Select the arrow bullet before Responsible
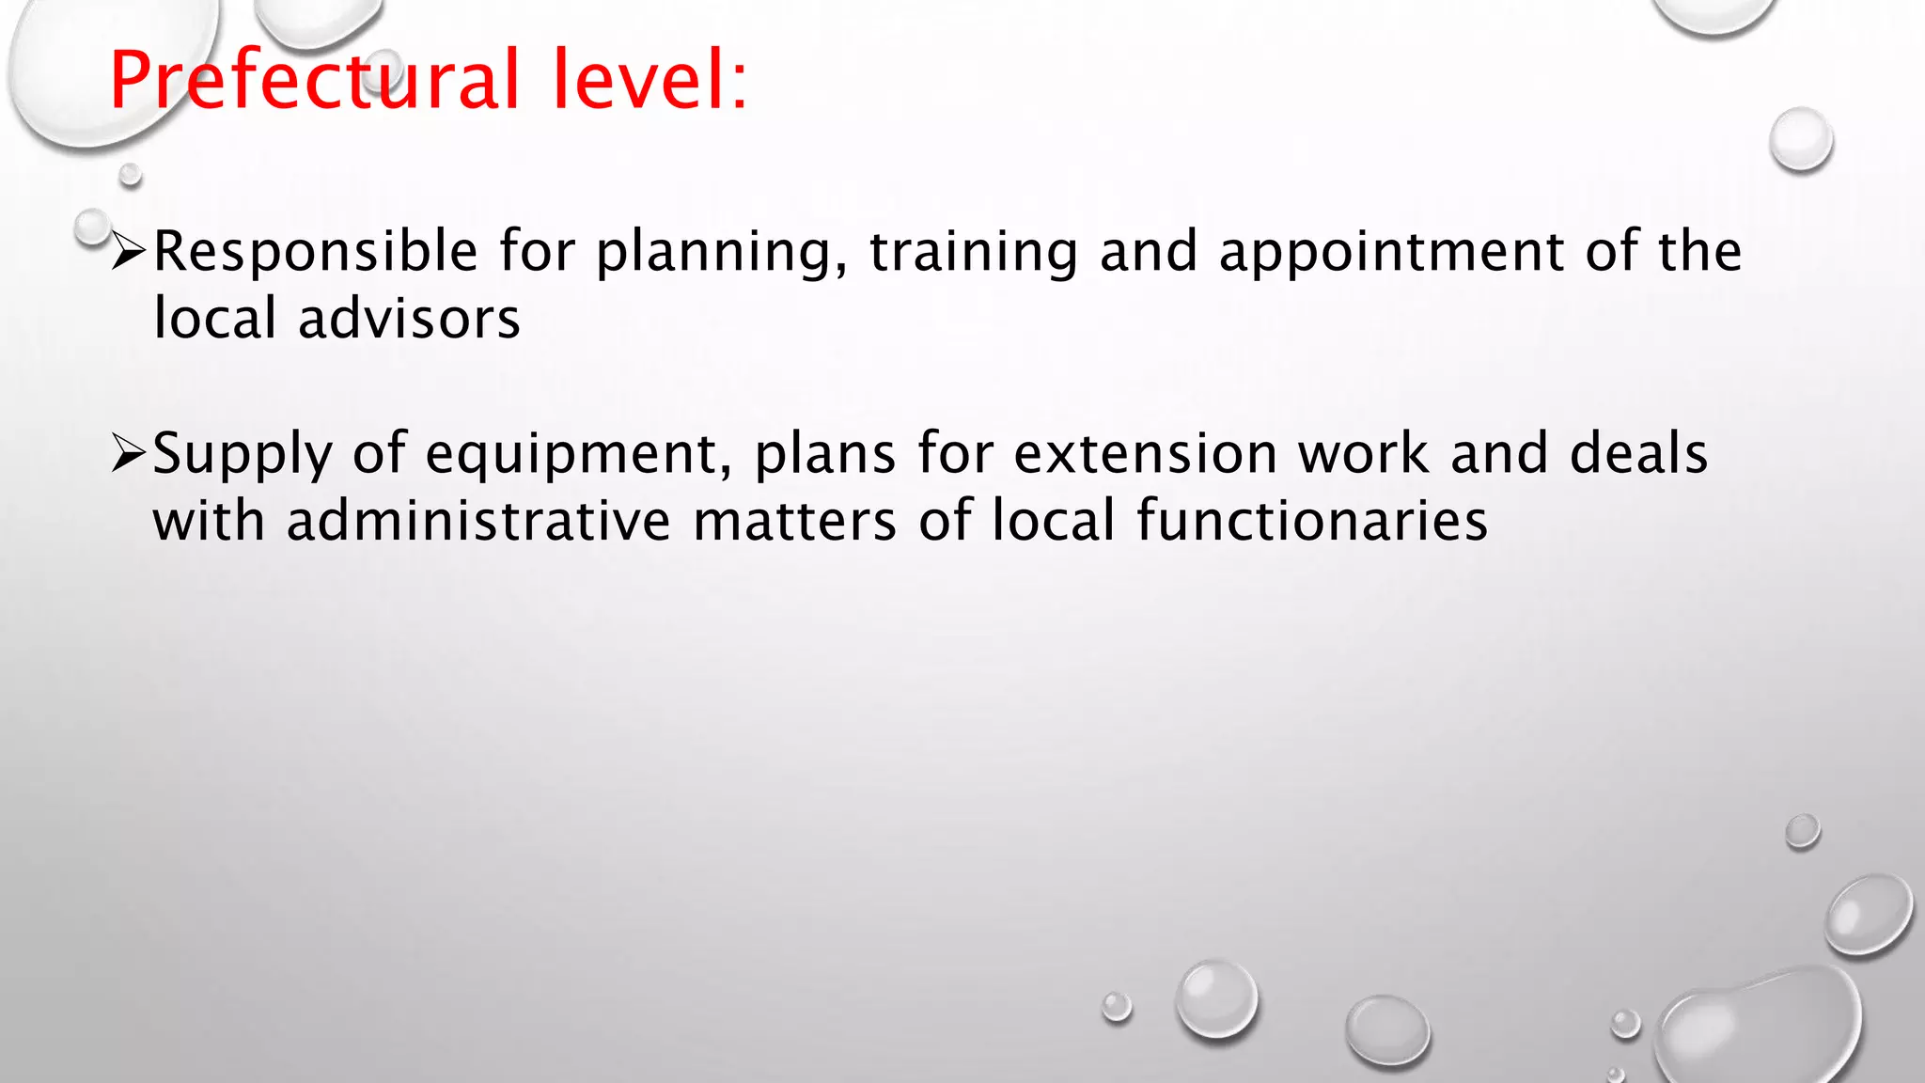tap(128, 252)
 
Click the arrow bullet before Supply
tap(128, 454)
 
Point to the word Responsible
tap(316, 252)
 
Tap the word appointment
tap(1391, 252)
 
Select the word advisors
tap(409, 320)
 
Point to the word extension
tap(1145, 454)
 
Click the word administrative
tap(478, 522)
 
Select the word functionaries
tap(1312, 522)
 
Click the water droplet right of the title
tap(1801, 139)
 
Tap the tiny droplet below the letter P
tap(131, 174)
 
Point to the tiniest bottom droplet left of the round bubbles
tap(1117, 1006)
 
